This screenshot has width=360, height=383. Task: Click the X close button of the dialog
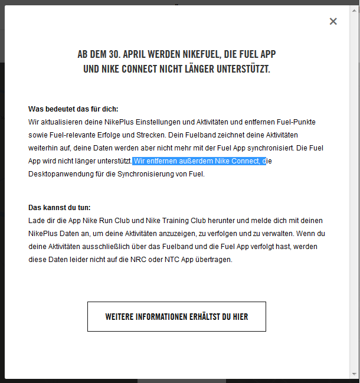coord(333,21)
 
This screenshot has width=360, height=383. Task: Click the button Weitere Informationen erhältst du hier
coord(176,317)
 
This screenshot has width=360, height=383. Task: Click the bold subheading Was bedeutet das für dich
coord(73,109)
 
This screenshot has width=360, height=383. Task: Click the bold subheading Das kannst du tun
coord(60,208)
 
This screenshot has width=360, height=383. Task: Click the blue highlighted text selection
coord(198,161)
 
